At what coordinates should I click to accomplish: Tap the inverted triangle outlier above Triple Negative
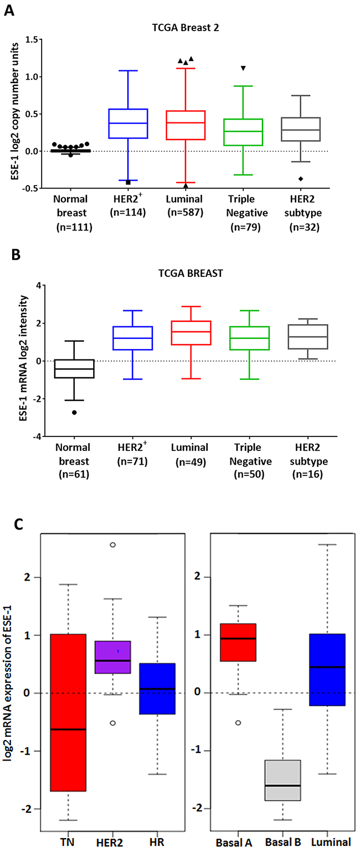pyautogui.click(x=243, y=68)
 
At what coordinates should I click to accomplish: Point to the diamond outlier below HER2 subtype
pyautogui.click(x=301, y=178)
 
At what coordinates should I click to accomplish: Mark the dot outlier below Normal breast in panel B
pyautogui.click(x=74, y=413)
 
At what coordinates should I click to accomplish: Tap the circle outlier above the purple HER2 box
pyautogui.click(x=112, y=545)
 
